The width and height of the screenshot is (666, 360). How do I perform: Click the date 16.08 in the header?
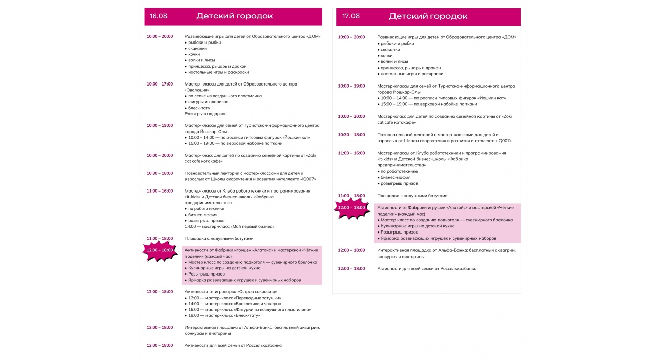point(158,16)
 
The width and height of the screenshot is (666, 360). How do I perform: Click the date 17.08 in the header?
point(351,16)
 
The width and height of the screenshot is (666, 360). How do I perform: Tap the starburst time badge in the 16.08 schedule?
point(160,250)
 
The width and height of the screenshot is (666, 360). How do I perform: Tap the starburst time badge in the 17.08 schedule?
point(351,208)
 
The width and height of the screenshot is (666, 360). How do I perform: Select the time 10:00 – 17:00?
point(159,84)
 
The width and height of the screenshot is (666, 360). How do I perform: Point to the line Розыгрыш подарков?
point(205,114)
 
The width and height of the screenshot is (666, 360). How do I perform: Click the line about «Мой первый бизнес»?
point(230,226)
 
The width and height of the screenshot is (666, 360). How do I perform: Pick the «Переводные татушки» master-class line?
point(234,298)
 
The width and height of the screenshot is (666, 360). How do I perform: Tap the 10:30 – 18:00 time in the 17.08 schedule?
point(351,135)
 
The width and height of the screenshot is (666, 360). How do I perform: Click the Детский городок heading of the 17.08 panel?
point(428,16)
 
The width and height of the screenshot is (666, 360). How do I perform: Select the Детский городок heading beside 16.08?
point(234,16)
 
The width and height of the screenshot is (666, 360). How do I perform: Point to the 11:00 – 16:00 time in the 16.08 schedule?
point(159,191)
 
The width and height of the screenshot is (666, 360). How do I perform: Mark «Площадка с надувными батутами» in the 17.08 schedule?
point(412,196)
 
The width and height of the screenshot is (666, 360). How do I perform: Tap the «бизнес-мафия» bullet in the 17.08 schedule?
point(396,177)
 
